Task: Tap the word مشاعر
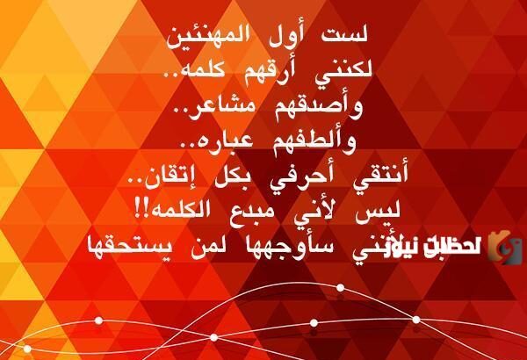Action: pos(246,106)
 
